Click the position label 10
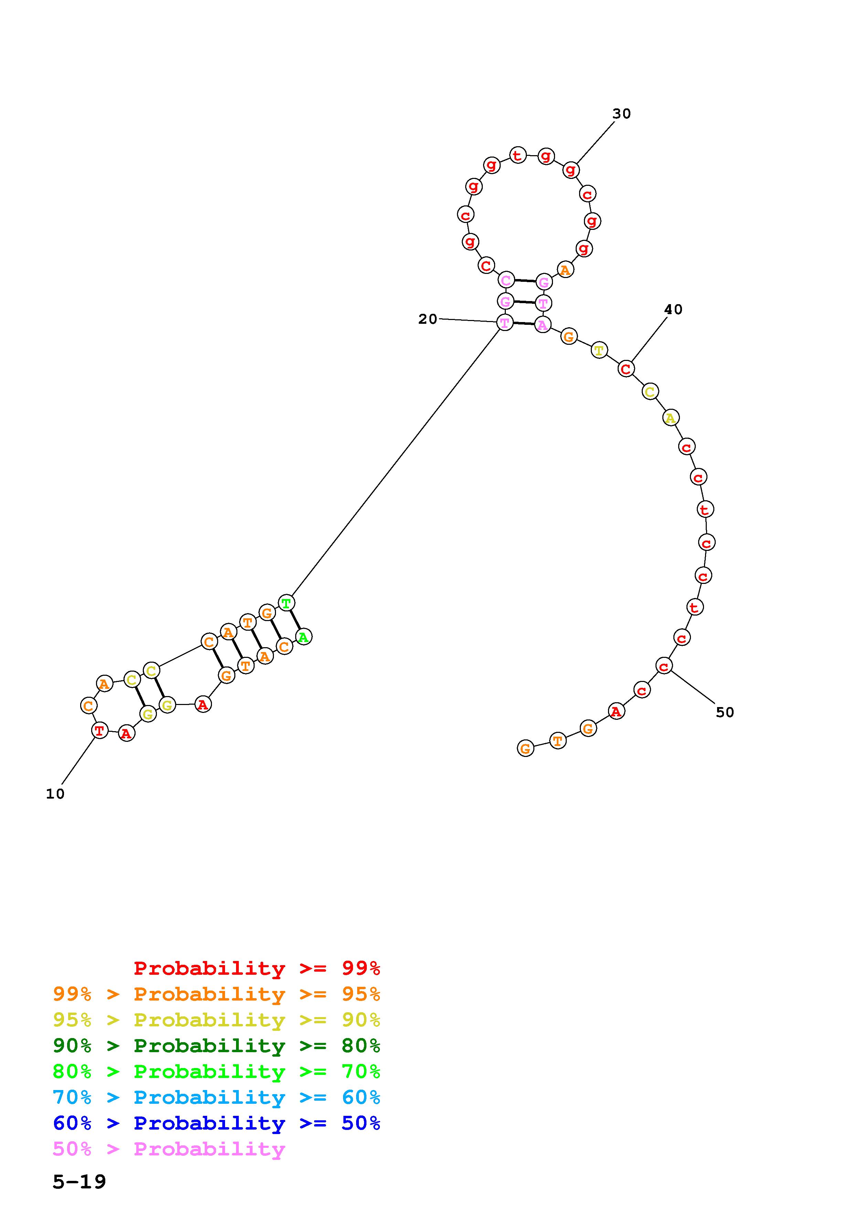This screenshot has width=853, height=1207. pos(55,794)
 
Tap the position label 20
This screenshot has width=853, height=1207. pos(427,319)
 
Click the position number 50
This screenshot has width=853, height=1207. pos(724,712)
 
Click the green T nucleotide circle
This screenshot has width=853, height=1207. pos(286,603)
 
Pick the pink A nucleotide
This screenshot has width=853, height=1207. pos(542,324)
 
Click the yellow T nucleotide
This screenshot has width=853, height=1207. pos(599,350)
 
